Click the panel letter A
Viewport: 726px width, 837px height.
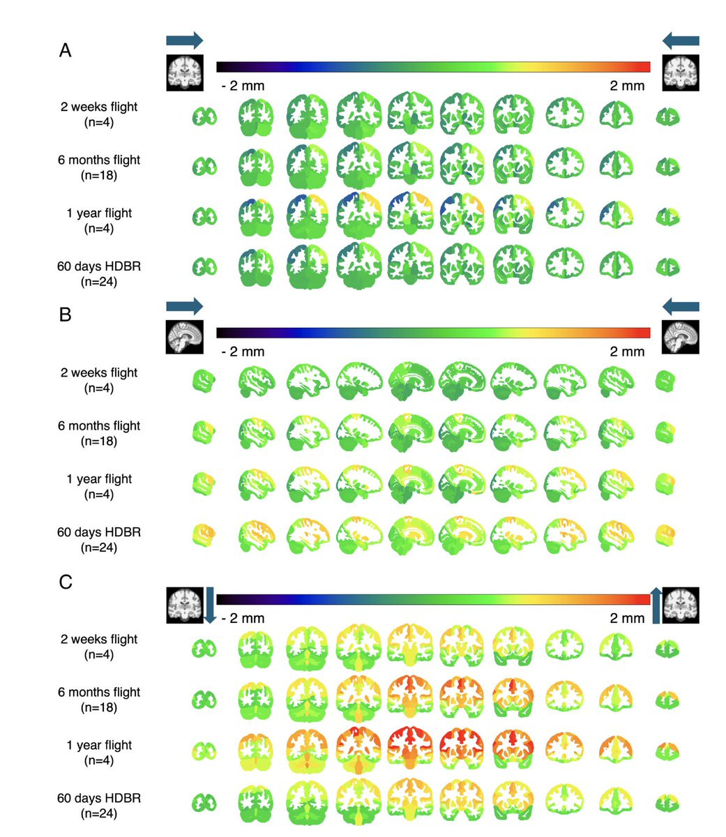[65, 50]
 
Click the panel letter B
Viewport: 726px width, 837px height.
[65, 315]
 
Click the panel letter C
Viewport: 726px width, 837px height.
[66, 582]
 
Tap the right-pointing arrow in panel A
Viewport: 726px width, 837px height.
[184, 40]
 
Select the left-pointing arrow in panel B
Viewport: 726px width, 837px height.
[680, 306]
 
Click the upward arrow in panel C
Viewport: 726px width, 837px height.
[656, 605]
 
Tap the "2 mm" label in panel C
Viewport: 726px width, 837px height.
[627, 618]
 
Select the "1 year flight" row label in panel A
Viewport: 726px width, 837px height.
[99, 213]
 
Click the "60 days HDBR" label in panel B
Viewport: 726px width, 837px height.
[99, 532]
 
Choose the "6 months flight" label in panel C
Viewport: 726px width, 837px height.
[99, 692]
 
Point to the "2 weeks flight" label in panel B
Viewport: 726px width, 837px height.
[99, 372]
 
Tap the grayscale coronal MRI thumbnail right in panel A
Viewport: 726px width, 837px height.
[680, 73]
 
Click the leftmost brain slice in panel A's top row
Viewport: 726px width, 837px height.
[204, 116]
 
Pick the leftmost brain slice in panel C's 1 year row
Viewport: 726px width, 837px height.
[204, 751]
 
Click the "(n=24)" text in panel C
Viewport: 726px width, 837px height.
[99, 813]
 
